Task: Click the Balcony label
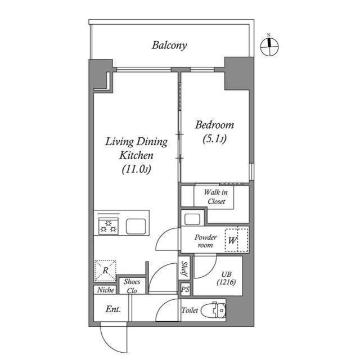coord(169,46)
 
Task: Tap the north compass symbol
coord(269,47)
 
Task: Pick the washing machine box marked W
coord(236,240)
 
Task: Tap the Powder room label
coord(205,241)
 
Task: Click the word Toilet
coord(190,310)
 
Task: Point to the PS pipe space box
coord(184,289)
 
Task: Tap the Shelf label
coord(184,268)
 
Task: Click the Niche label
coord(105,290)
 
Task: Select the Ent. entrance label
coord(113,309)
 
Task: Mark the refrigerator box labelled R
coord(105,270)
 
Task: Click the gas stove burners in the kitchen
coord(109,227)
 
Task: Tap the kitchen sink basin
coord(137,227)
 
